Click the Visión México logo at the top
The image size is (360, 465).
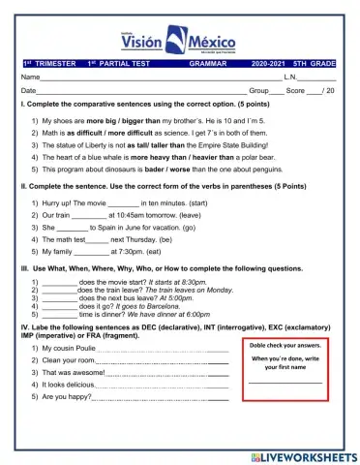tap(181, 32)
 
